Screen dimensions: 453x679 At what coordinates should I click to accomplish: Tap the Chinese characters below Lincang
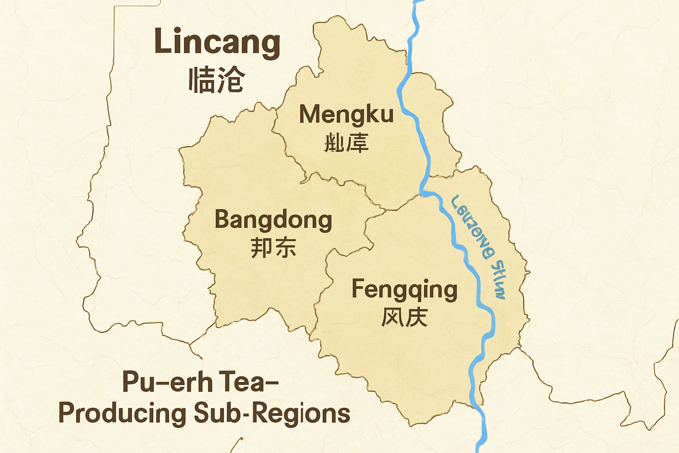click(x=216, y=80)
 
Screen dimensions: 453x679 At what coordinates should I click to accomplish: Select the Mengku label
click(x=346, y=114)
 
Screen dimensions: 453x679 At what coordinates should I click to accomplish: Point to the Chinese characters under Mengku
click(x=346, y=143)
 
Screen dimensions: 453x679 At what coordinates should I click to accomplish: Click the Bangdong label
click(x=273, y=220)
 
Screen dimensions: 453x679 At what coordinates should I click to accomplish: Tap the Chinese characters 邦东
click(x=273, y=248)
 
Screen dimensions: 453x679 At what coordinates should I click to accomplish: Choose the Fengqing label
click(x=404, y=290)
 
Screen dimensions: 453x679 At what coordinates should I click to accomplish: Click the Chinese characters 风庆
click(x=404, y=317)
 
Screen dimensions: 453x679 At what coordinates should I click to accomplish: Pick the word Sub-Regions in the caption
click(x=272, y=414)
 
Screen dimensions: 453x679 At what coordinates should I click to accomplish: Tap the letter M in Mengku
click(x=309, y=114)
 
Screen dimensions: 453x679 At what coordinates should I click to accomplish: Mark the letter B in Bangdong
click(x=222, y=219)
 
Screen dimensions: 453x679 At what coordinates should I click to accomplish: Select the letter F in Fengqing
click(x=359, y=288)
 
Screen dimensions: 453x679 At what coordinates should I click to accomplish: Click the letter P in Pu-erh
click(x=131, y=382)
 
